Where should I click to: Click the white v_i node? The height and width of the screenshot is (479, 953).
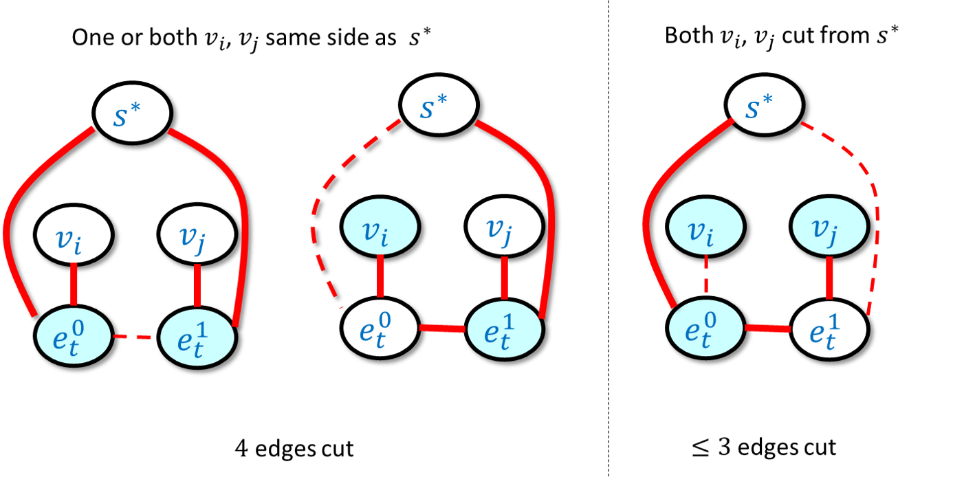coord(74,235)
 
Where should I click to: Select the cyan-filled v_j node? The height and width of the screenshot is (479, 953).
coord(829,226)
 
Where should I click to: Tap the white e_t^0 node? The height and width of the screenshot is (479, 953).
coord(380,328)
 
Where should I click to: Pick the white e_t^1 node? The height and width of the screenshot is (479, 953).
coord(830,330)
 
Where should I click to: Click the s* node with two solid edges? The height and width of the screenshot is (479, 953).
coord(132,113)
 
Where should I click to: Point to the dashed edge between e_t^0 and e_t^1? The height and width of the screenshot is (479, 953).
coord(132,337)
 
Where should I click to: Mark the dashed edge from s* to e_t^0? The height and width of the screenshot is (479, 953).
coord(317,200)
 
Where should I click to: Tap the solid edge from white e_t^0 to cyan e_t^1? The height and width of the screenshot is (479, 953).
coord(443,328)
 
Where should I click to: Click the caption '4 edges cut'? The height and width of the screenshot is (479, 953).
coord(294,448)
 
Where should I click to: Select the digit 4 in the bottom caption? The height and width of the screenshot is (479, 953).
coord(241,448)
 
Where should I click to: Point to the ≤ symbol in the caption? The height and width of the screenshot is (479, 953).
coord(700,447)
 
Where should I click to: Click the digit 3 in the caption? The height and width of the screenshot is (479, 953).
coord(725,447)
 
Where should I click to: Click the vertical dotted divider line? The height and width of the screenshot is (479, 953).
coord(609,239)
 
